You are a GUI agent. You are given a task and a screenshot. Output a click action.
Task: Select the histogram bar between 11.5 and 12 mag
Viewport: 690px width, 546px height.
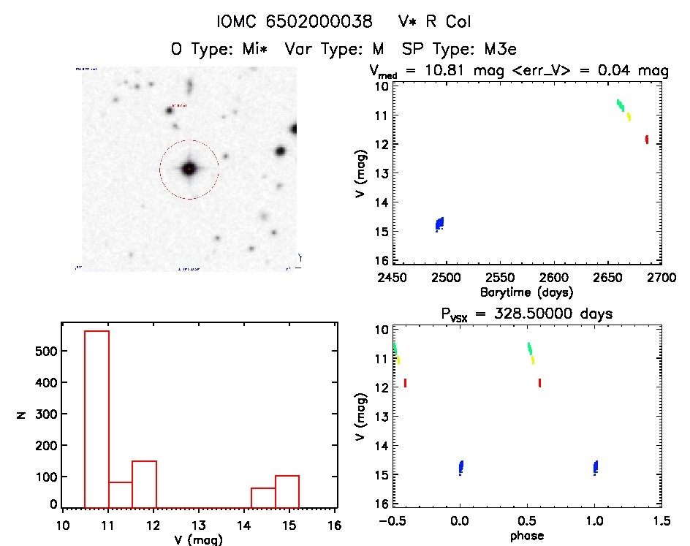pos(144,483)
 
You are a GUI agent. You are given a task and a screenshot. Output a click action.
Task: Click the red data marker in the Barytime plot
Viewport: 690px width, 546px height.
pos(647,140)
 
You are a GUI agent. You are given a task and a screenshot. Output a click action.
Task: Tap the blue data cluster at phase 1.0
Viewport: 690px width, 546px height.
pos(596,467)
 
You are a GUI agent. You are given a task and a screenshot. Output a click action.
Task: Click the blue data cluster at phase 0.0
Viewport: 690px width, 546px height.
pos(460,467)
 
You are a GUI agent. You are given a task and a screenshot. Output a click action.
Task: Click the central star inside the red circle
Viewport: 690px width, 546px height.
pos(189,169)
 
